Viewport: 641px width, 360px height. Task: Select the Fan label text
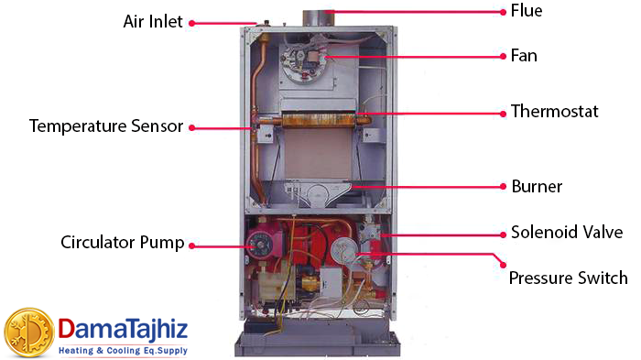524,56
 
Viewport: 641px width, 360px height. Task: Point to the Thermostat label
554,112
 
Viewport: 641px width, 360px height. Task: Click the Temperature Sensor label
106,125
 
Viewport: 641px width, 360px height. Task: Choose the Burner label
537,186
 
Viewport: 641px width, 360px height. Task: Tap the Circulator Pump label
123,243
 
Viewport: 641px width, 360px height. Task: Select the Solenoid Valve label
567,232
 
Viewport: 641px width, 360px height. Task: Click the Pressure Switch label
568,278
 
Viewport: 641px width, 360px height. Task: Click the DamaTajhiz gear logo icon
29,333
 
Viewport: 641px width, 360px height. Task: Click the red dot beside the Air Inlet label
193,23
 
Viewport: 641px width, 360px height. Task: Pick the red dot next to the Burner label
504,186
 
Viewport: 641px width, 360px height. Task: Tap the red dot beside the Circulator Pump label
192,244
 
